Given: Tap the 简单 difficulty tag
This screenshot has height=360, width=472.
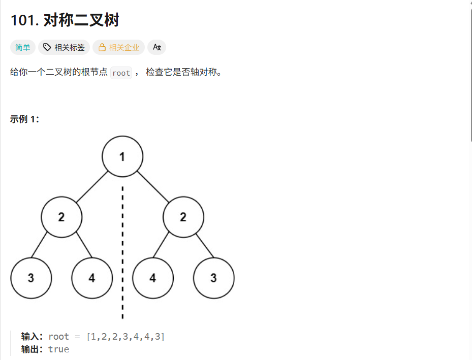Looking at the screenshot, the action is point(22,47).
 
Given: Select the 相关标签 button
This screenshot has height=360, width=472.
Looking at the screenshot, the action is point(64,47).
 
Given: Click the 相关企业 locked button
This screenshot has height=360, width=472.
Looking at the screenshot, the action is point(118,47).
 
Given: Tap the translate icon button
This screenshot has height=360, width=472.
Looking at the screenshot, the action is point(156,47).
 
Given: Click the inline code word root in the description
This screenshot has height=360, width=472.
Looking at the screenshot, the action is point(121,73).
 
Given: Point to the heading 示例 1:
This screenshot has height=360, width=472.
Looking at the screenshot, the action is point(24,119).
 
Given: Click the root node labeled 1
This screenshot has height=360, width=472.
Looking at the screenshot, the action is point(122,156).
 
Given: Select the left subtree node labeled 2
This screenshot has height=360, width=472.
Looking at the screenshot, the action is point(61,217).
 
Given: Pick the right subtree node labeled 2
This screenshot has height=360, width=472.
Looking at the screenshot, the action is point(183,217).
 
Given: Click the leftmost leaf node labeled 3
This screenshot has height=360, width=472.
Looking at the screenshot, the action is point(31,278).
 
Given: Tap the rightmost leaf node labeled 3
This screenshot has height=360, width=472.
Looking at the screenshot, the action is point(213,278).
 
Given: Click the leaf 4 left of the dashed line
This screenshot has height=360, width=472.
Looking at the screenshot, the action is point(92,278).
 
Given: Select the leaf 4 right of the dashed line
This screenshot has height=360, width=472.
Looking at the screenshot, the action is point(152,278).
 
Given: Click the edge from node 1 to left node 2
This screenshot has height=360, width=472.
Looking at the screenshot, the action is point(92,186).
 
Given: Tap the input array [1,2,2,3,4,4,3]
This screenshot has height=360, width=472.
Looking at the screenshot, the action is point(125,337).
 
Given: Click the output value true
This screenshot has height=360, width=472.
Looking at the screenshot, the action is point(58,349).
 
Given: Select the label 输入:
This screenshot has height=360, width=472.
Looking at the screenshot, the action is point(33,337).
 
